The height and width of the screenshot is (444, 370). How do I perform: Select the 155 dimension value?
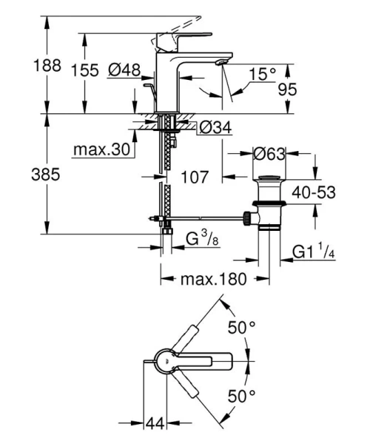(87, 71)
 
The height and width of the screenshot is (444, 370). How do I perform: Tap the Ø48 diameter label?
(124, 70)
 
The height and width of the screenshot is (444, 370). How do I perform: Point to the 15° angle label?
(261, 75)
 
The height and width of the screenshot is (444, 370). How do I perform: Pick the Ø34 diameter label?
(216, 128)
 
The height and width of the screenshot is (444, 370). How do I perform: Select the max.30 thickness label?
(102, 150)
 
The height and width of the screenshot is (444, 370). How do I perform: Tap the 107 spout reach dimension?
(195, 178)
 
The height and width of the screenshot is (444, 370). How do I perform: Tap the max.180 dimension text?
(204, 279)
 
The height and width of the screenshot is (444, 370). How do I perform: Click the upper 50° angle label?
(241, 326)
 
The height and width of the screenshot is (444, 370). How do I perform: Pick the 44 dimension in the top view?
(155, 424)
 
